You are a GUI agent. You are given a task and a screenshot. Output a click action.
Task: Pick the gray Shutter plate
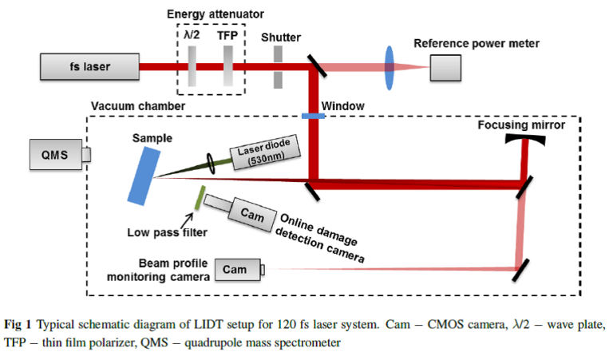pyautogui.click(x=277, y=66)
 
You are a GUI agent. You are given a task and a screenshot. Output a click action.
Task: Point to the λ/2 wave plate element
pyautogui.click(x=192, y=66)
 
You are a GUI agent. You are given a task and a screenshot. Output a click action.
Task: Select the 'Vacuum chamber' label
pyautogui.click(x=127, y=106)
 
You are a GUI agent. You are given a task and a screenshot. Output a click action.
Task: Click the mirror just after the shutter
pyautogui.click(x=315, y=66)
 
